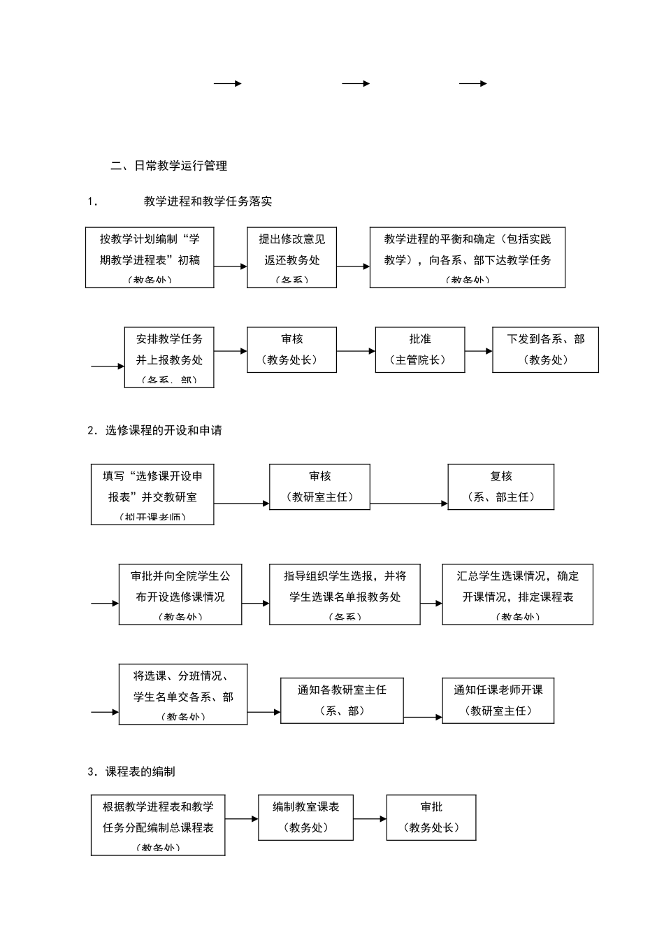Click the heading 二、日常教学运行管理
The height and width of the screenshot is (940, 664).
[169, 166]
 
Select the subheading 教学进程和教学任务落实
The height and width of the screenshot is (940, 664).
[208, 201]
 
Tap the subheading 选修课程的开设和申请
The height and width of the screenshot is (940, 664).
[164, 430]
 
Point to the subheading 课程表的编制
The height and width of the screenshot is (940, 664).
[140, 771]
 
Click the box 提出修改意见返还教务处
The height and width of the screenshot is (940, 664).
[291, 257]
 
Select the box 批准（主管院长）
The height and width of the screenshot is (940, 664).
[419, 349]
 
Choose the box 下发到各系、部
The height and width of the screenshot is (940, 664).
[545, 349]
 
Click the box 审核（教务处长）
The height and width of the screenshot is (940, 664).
[291, 349]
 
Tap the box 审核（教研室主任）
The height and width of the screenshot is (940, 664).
[319, 486]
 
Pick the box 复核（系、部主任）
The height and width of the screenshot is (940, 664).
[500, 486]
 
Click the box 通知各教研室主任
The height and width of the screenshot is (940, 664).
[342, 700]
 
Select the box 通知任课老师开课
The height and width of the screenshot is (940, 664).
[498, 699]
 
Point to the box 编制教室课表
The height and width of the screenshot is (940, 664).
[305, 817]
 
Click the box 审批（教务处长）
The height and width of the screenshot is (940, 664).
[431, 817]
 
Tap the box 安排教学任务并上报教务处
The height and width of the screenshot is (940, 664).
[169, 357]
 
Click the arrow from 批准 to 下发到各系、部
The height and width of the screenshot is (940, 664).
[479, 351]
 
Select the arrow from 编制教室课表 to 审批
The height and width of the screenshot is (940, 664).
[370, 818]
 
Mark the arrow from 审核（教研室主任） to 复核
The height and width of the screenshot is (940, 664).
[409, 503]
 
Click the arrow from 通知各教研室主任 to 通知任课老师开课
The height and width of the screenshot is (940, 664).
[423, 717]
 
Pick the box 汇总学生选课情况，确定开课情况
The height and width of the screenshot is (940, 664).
[517, 594]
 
